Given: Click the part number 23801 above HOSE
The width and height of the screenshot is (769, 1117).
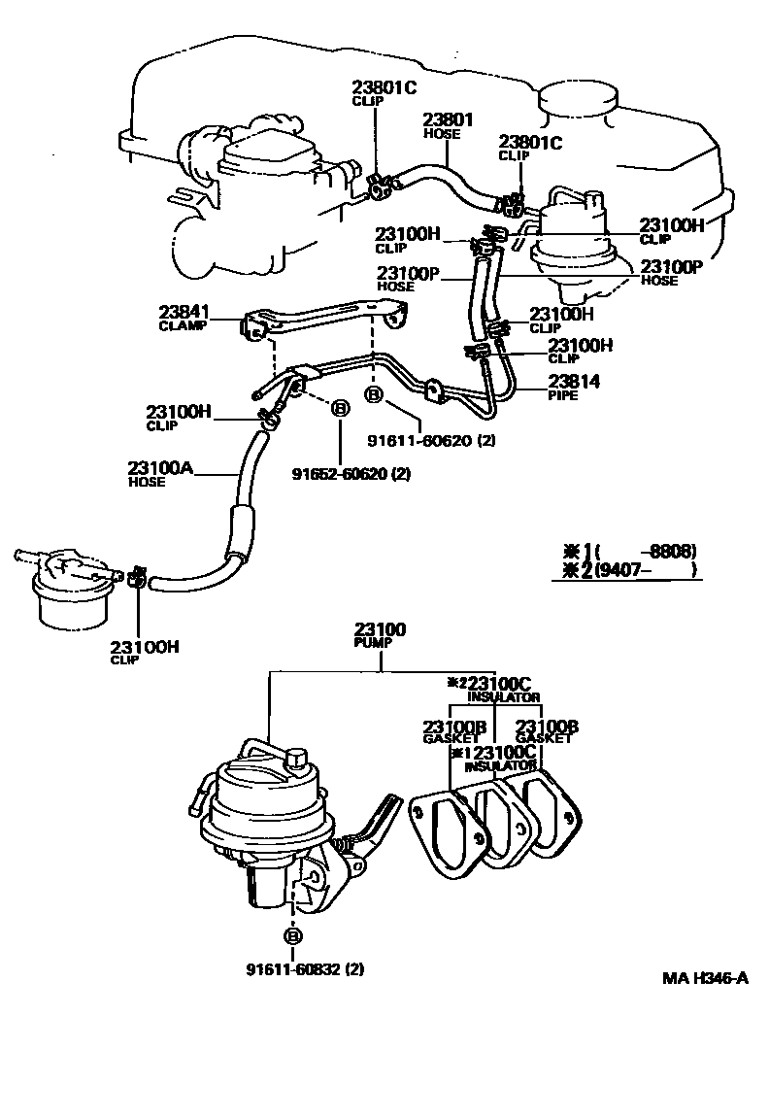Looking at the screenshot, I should pos(448,120).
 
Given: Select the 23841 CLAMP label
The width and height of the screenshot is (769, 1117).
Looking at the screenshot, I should pos(184,318).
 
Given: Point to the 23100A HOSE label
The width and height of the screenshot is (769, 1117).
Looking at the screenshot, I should pos(161,471).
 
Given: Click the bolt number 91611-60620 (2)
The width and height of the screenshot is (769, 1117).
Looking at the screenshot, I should pos(431,440).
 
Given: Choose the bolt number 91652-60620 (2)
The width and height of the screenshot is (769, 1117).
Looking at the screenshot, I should pos(351,474).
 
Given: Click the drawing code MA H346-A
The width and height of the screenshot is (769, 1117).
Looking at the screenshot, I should pos(705,978).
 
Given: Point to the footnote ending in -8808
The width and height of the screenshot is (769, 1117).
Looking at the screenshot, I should pos(631,550).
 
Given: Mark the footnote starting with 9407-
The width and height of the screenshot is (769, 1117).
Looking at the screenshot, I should pos(631,571).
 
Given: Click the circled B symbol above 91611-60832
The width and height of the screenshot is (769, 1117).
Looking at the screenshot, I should pos(292,935).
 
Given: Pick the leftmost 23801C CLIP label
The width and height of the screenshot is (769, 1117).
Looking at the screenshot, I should pos(384,92).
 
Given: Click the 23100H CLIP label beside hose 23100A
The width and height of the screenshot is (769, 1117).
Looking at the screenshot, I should pos(179,416).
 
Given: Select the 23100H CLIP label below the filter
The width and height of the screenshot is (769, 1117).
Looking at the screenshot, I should pos(142,652).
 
